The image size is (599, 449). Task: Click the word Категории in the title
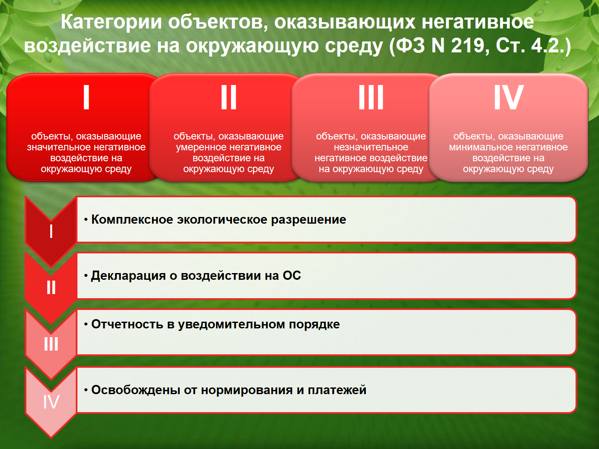point(111,22)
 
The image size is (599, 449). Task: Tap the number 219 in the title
point(468,45)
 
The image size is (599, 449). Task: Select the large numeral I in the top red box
point(86,97)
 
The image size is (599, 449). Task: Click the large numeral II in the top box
point(229,97)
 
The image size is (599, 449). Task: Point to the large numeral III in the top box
point(371,97)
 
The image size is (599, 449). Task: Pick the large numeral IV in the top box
point(509,97)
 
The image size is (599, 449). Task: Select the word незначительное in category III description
point(371,147)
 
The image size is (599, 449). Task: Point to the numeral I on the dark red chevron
point(51,232)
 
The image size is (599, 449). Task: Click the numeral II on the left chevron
point(51,287)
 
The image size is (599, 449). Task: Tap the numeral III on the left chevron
point(51,343)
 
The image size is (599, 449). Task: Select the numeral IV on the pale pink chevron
point(51,402)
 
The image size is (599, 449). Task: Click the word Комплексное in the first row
point(132,220)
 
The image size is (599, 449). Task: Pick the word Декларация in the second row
point(128,276)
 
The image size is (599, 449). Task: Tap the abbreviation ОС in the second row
point(292,276)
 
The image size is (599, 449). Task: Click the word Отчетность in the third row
point(127,325)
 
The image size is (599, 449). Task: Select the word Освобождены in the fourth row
point(136,390)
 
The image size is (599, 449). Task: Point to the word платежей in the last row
point(337,390)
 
